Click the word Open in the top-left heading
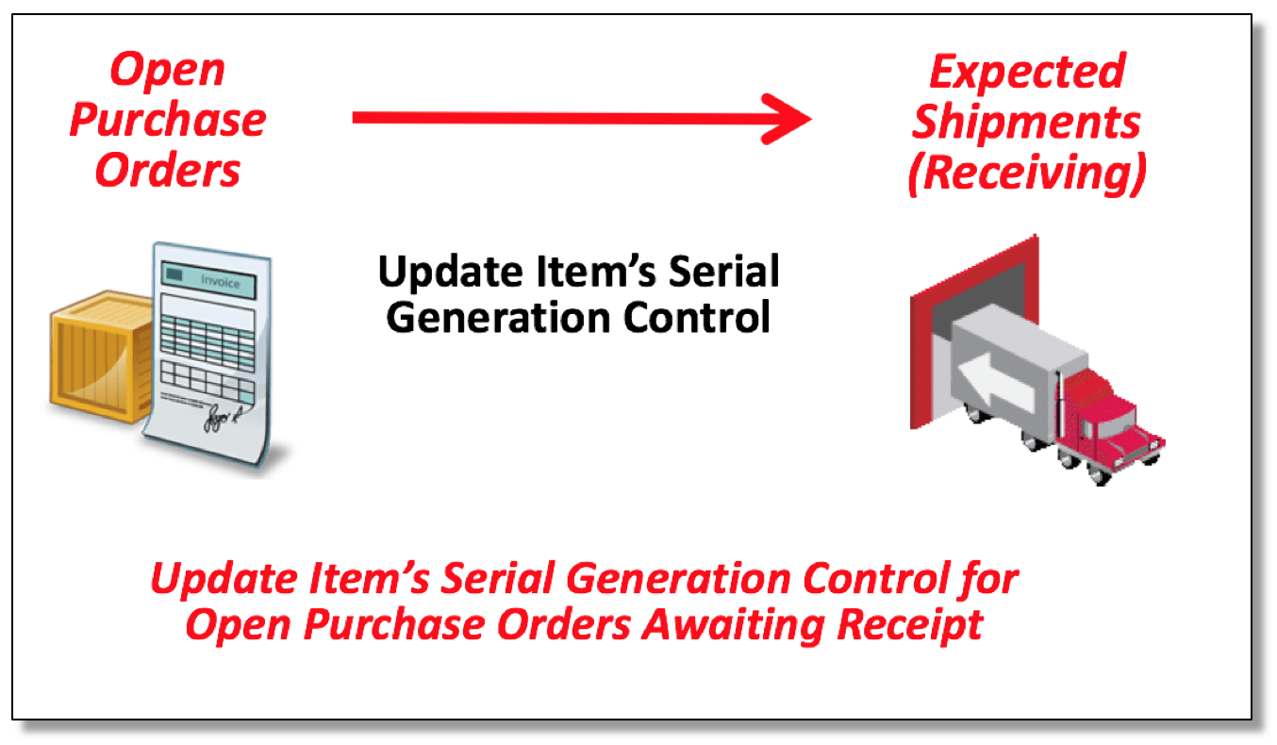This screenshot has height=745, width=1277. [168, 71]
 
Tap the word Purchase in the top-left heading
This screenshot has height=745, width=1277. [168, 120]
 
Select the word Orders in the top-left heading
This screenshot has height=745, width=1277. [168, 170]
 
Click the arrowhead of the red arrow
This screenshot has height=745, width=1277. [787, 119]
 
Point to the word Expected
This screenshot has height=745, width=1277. [1027, 73]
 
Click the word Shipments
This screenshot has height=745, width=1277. [1026, 122]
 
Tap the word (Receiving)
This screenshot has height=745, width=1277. [1027, 174]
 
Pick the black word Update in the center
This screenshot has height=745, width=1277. [451, 273]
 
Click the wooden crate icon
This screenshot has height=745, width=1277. [102, 356]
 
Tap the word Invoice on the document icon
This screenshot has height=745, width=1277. [220, 282]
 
